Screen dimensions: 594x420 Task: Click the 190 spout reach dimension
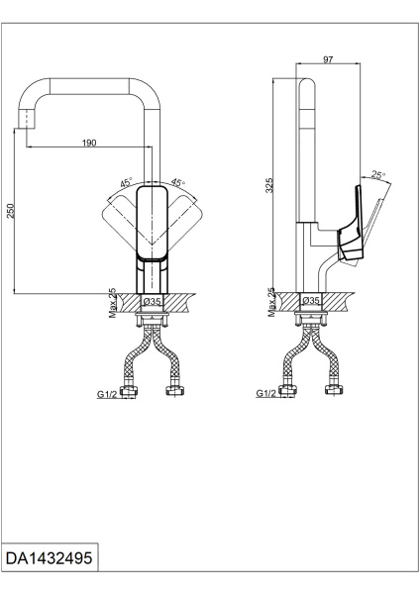89,143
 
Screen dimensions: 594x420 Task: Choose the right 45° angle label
177,182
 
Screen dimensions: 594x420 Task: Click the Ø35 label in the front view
152,300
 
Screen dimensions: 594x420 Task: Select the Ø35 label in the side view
310,300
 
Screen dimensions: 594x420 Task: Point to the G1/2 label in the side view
265,393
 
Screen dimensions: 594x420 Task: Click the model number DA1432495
50,560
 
